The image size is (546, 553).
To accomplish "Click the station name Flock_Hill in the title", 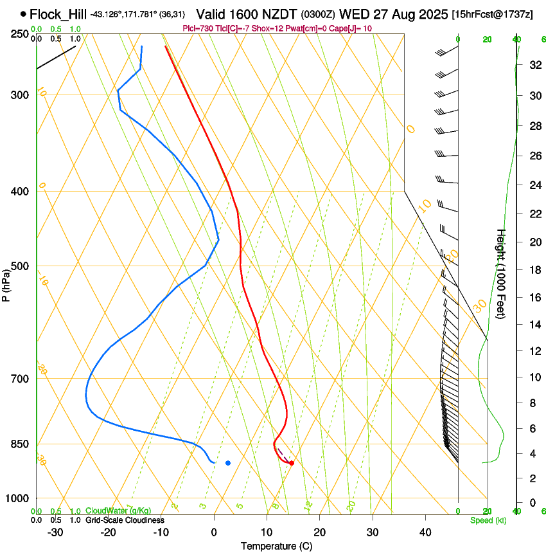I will (58, 14).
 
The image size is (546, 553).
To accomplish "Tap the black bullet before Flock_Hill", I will (24, 14).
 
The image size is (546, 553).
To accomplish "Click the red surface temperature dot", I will (292, 463).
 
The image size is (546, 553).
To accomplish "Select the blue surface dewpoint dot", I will (228, 463).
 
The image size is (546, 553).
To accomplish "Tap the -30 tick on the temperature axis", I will (55, 532).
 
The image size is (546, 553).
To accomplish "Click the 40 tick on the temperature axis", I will (425, 532).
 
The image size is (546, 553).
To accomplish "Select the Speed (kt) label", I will (488, 520).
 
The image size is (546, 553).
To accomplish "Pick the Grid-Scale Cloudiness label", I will (125, 520).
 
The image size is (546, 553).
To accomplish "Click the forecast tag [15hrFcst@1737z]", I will (492, 14).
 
